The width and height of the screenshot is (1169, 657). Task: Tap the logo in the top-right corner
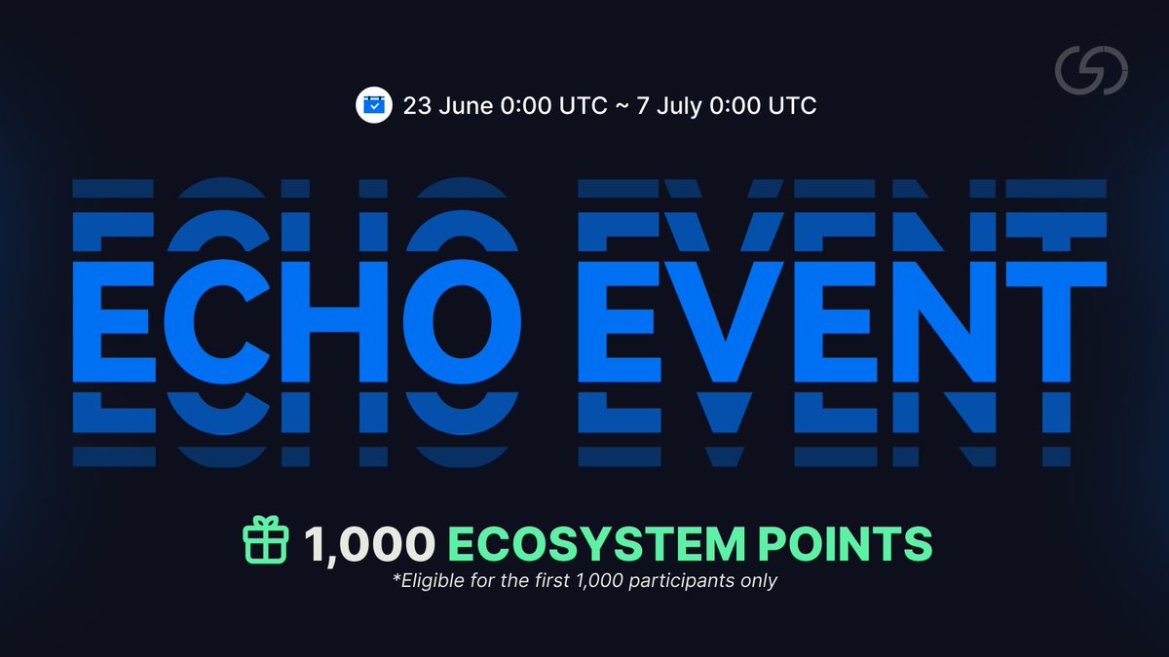pyautogui.click(x=1092, y=73)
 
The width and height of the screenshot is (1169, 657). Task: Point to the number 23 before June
pyautogui.click(x=418, y=106)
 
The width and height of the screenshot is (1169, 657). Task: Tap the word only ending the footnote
pyautogui.click(x=760, y=582)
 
